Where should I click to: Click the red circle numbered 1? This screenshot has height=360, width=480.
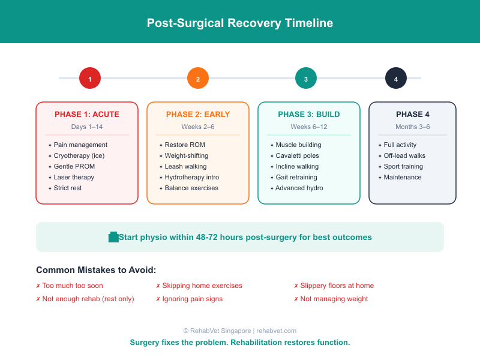pyautogui.click(x=90, y=78)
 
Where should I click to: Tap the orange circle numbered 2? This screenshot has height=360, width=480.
pyautogui.click(x=198, y=78)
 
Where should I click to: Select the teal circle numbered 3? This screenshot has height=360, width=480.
pyautogui.click(x=306, y=78)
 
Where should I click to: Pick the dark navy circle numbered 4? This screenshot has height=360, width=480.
pyautogui.click(x=396, y=78)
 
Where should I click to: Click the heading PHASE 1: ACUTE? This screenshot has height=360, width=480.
pyautogui.click(x=87, y=115)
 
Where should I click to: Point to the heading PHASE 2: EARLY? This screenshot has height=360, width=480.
pyautogui.click(x=198, y=115)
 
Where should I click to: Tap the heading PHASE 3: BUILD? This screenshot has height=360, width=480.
pyautogui.click(x=309, y=115)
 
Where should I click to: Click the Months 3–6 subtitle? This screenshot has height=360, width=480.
pyautogui.click(x=413, y=127)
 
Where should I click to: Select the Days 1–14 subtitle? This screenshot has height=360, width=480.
pyautogui.click(x=87, y=127)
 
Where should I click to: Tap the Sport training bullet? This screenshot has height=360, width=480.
pyautogui.click(x=403, y=167)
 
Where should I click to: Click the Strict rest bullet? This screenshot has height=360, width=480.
pyautogui.click(x=68, y=188)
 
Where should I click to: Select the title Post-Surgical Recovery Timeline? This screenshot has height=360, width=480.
pyautogui.click(x=240, y=23)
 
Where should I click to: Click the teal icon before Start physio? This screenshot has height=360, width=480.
pyautogui.click(x=113, y=237)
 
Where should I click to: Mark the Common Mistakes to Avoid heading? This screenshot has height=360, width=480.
pyautogui.click(x=96, y=270)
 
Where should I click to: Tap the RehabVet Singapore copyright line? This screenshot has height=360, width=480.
pyautogui.click(x=240, y=331)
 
